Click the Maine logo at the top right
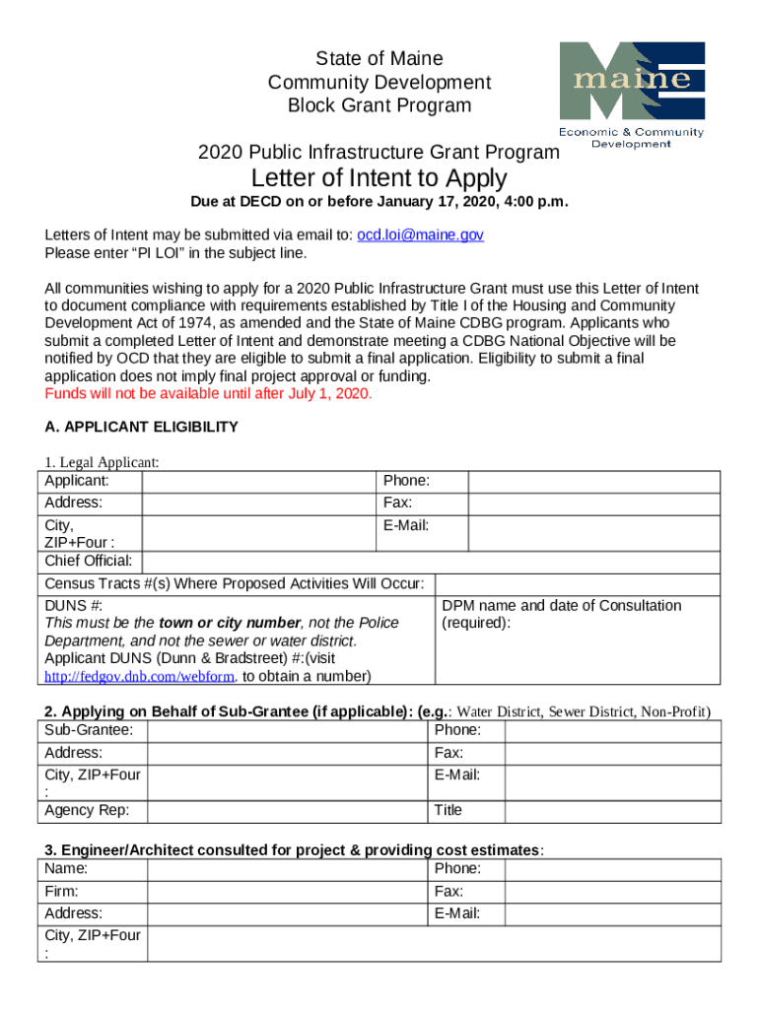click(632, 95)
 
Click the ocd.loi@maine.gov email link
click(420, 235)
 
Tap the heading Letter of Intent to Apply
click(379, 178)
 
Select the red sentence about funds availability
click(209, 394)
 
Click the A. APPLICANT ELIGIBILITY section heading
click(142, 427)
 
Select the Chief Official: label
click(89, 561)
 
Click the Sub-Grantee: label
click(90, 730)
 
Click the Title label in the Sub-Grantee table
click(448, 810)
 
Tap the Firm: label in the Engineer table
click(62, 891)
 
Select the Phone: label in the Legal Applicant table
click(406, 481)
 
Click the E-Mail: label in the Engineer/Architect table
click(457, 913)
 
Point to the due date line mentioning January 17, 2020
click(379, 203)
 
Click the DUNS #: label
click(74, 605)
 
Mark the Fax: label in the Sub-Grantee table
click(449, 753)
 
